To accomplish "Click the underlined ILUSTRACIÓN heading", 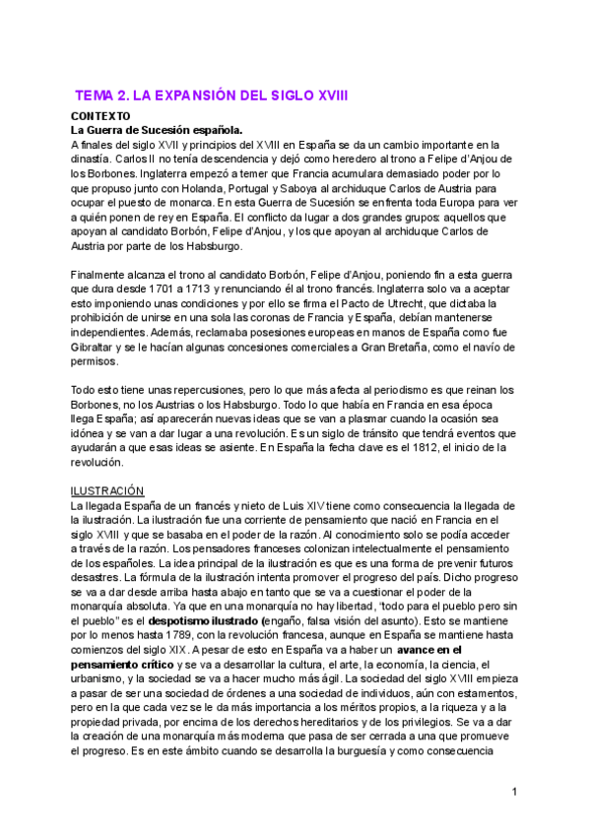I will click(107, 490).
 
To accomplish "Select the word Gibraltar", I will click(98, 348).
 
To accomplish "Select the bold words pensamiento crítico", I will click(124, 665).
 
